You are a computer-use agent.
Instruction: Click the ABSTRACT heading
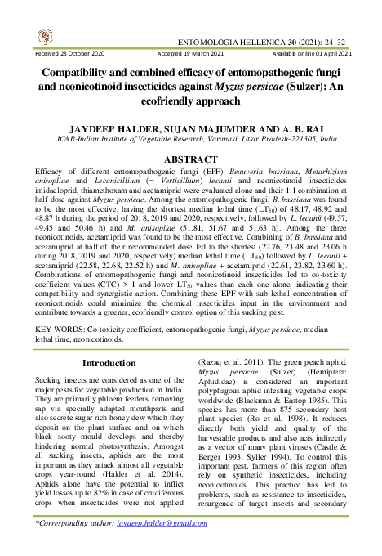tap(191, 159)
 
